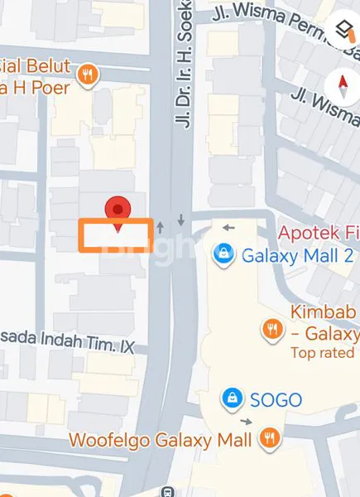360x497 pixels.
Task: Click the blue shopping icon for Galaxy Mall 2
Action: point(222,255)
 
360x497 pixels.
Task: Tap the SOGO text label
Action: point(276,400)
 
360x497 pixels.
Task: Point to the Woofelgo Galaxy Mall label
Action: point(160,440)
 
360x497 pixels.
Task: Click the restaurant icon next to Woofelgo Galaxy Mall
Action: point(268,439)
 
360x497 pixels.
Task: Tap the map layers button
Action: point(343,31)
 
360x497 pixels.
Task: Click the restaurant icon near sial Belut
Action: point(87,75)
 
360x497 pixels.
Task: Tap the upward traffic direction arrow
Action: point(161,224)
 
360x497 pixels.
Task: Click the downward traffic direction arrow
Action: point(180,221)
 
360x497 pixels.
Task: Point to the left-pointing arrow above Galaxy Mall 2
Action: point(228,228)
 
